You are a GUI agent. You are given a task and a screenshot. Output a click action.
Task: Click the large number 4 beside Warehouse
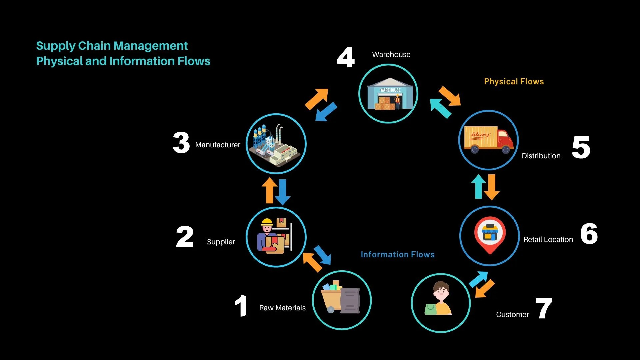(x=346, y=57)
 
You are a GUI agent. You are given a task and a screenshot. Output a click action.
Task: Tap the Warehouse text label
(x=391, y=55)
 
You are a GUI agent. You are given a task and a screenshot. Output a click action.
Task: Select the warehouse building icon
(x=390, y=94)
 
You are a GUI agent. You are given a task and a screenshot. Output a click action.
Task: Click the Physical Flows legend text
(x=514, y=82)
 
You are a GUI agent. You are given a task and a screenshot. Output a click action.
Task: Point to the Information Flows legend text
(x=397, y=255)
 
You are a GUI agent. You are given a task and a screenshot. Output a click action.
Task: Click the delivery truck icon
(x=489, y=139)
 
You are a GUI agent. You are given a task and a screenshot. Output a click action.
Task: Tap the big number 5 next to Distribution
(x=581, y=147)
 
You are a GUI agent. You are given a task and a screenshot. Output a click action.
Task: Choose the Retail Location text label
(x=548, y=240)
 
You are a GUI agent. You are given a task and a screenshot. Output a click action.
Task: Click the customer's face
(x=441, y=292)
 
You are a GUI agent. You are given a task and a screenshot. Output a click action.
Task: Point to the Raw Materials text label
(x=282, y=308)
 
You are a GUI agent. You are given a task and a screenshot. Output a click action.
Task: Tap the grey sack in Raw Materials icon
(x=350, y=300)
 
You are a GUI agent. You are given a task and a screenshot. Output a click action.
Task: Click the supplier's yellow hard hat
(x=267, y=222)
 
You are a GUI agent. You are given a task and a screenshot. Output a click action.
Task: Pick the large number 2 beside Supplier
(x=185, y=237)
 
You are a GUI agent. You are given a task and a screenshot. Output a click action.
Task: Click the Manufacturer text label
(x=217, y=145)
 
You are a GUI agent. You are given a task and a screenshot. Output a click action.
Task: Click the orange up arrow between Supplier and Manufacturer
(x=270, y=190)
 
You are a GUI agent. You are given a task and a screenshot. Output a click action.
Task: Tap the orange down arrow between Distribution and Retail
(x=492, y=187)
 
